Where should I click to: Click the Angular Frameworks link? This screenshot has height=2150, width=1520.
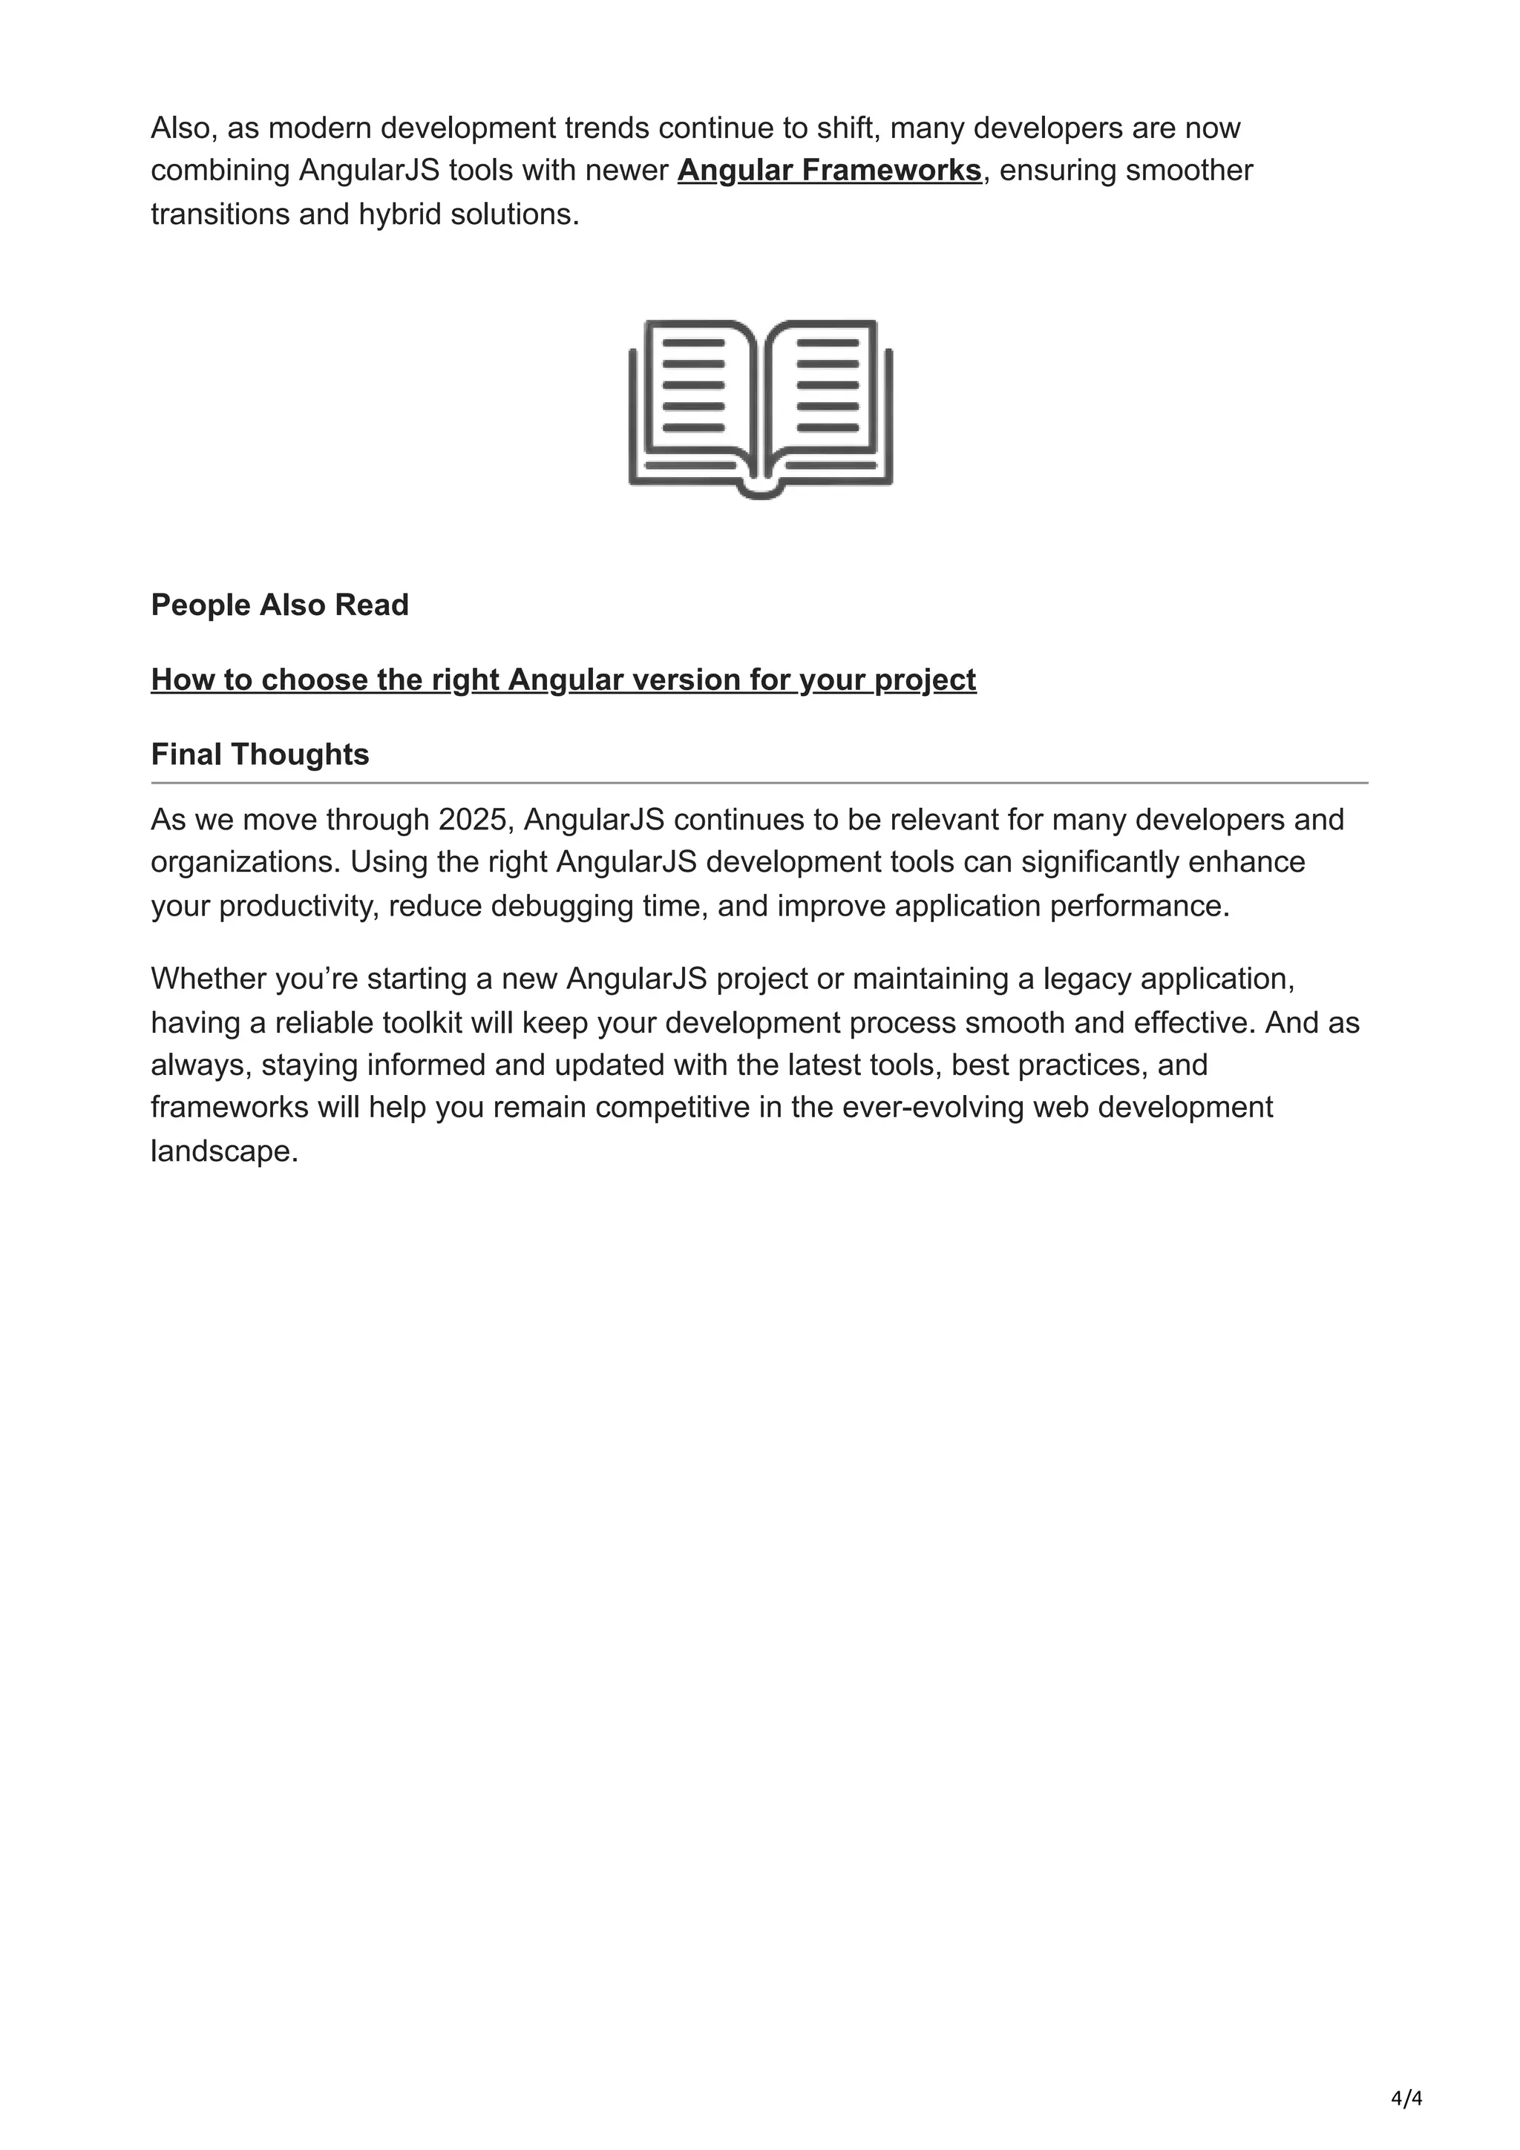(x=829, y=171)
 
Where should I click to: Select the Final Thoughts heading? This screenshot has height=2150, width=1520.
(x=261, y=754)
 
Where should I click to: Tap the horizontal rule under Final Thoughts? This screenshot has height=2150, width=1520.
(x=759, y=782)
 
